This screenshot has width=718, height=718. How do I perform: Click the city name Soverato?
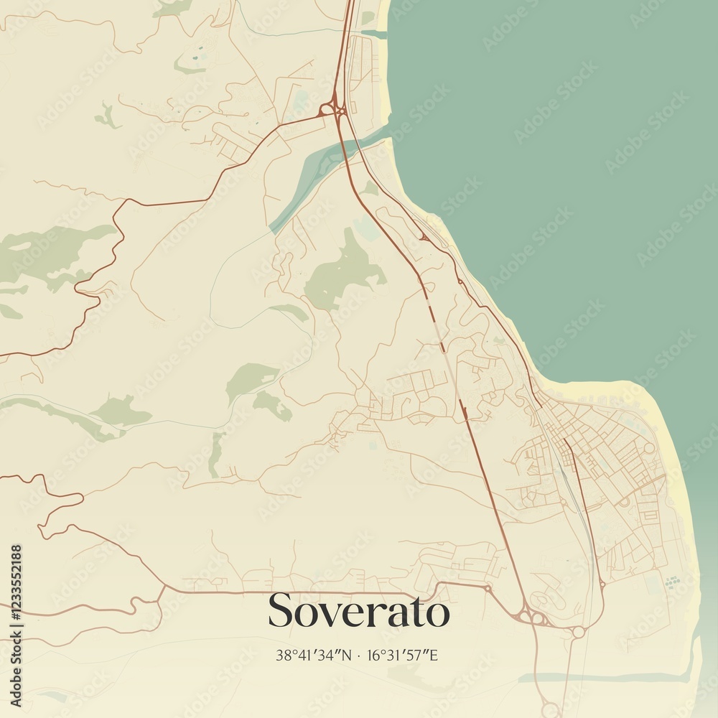(x=359, y=611)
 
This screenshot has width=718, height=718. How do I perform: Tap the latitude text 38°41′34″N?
(x=314, y=655)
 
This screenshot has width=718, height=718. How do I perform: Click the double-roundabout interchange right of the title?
(x=531, y=615)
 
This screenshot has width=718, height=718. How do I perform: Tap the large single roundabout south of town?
(x=578, y=633)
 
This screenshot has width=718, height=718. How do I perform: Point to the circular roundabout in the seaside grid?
(x=648, y=447)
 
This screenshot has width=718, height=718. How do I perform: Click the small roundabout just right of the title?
(x=488, y=589)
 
